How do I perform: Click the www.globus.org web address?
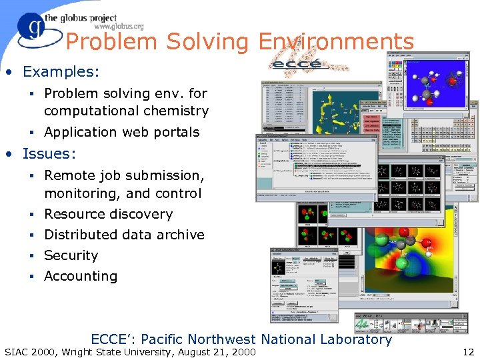(x=119, y=27)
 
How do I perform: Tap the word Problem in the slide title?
(x=112, y=42)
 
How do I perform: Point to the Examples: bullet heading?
(x=61, y=71)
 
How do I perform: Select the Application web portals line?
(x=121, y=132)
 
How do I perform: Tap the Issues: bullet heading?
(x=49, y=153)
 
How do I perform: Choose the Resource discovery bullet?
(x=108, y=214)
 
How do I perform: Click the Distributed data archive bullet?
(x=124, y=235)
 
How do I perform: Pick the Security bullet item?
(x=71, y=255)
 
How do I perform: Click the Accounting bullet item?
(x=81, y=276)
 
